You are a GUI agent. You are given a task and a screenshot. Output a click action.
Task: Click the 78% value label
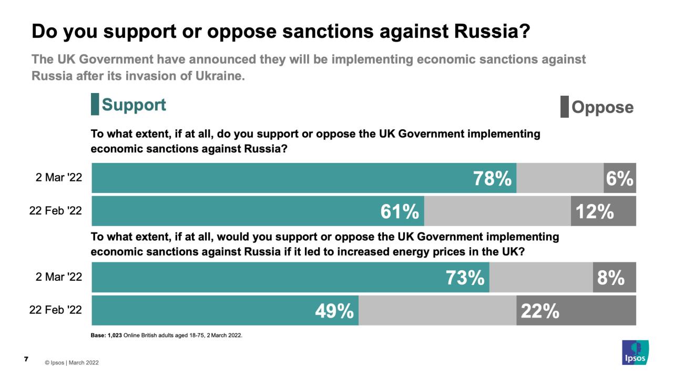click(492, 179)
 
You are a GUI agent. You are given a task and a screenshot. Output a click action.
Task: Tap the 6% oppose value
click(619, 179)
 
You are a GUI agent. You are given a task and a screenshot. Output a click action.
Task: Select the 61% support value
click(400, 211)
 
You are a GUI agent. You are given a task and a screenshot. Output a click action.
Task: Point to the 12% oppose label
click(595, 211)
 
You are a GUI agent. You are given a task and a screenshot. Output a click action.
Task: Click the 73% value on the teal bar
click(465, 278)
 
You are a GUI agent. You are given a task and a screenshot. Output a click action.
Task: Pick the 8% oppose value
click(611, 278)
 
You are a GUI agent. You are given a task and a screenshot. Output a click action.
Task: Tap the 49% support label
click(334, 311)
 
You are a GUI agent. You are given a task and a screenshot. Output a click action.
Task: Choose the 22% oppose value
click(540, 311)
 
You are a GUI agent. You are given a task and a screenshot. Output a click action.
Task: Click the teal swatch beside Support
click(95, 104)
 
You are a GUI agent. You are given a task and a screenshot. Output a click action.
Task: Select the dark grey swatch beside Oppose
click(564, 107)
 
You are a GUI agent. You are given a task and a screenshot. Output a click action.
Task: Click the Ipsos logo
click(635, 352)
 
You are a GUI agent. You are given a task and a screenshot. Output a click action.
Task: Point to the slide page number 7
click(26, 359)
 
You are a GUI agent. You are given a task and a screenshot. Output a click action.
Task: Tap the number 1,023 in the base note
click(114, 335)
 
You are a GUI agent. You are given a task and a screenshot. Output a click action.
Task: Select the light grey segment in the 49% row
click(437, 311)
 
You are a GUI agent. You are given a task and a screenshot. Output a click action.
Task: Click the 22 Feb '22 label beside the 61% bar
click(56, 211)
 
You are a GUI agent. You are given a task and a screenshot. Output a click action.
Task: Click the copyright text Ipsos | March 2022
click(72, 363)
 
